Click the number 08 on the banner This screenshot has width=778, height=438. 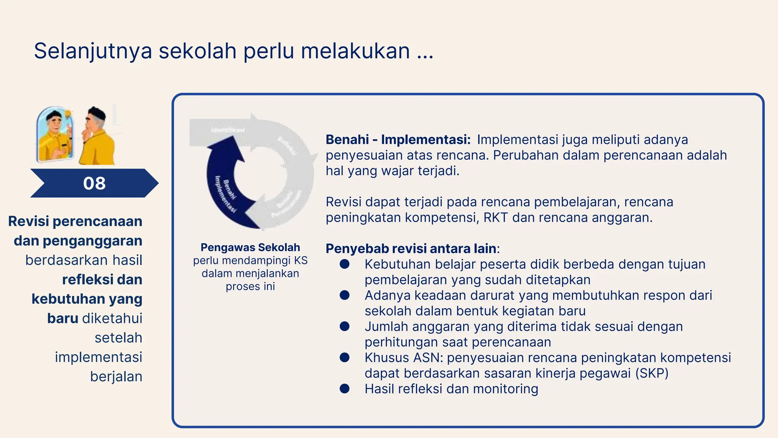point(94,183)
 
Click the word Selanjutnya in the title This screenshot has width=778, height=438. point(93,51)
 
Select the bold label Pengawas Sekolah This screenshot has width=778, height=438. point(250,248)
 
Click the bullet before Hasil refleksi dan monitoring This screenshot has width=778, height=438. point(345,389)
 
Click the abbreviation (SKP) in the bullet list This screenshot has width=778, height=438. point(651,373)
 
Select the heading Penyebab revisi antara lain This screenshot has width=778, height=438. point(411,249)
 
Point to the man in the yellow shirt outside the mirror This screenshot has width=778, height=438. point(97,137)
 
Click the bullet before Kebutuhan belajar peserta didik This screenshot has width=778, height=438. point(345,264)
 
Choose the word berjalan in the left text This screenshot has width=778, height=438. point(116,376)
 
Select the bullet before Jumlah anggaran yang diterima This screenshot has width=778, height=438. point(345,326)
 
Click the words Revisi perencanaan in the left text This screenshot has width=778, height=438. point(75,221)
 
